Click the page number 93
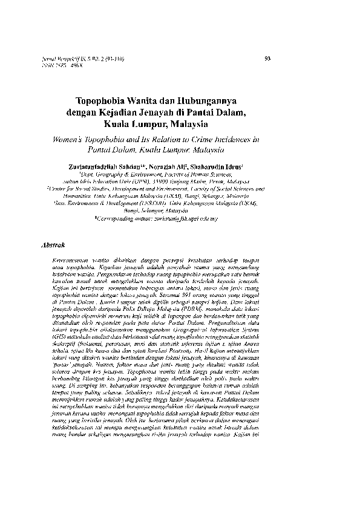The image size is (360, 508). tap(268, 58)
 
